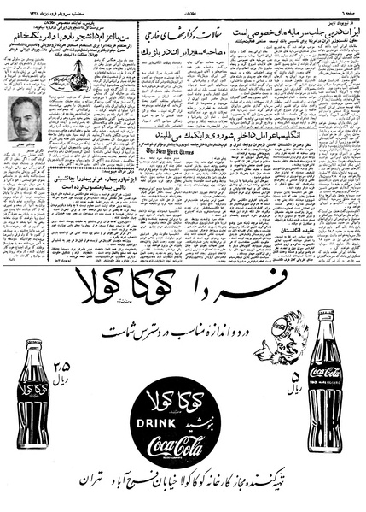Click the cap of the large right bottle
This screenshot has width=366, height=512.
pos(326,314)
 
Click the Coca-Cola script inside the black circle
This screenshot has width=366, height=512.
pos(183,444)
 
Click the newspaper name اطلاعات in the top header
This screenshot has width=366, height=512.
pos(184,6)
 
